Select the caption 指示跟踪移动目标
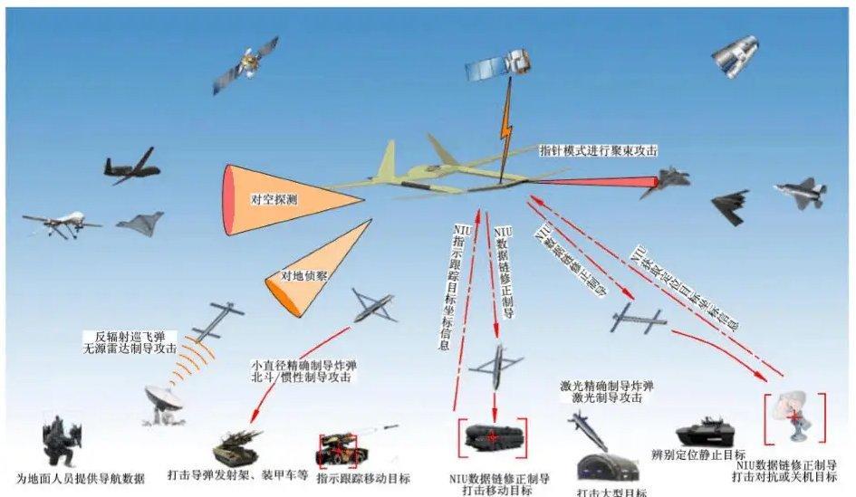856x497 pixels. pos(363,477)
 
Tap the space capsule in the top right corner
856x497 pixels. pos(734,57)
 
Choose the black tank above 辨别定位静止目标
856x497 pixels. pos(702,429)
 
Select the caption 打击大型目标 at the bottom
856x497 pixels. pos(611,492)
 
